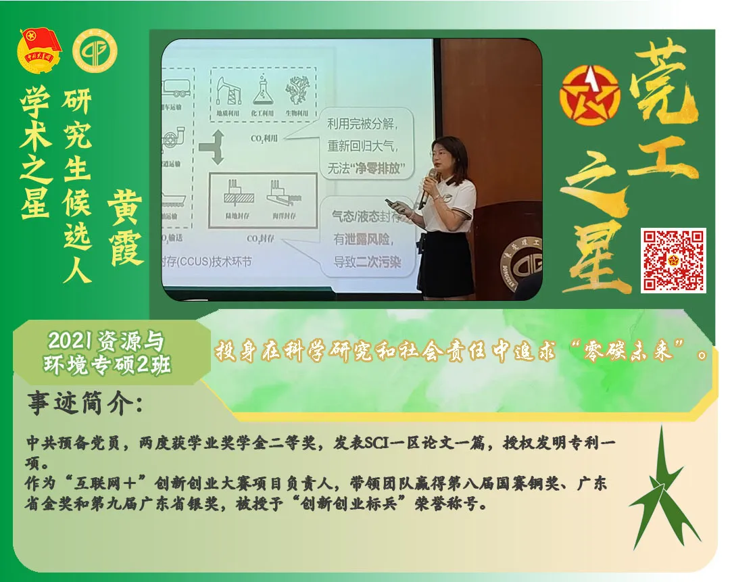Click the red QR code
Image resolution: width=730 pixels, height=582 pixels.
pyautogui.click(x=673, y=260)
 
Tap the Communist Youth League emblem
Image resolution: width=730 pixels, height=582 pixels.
pyautogui.click(x=40, y=51)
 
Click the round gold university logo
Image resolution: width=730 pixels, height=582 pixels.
pyautogui.click(x=95, y=52)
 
